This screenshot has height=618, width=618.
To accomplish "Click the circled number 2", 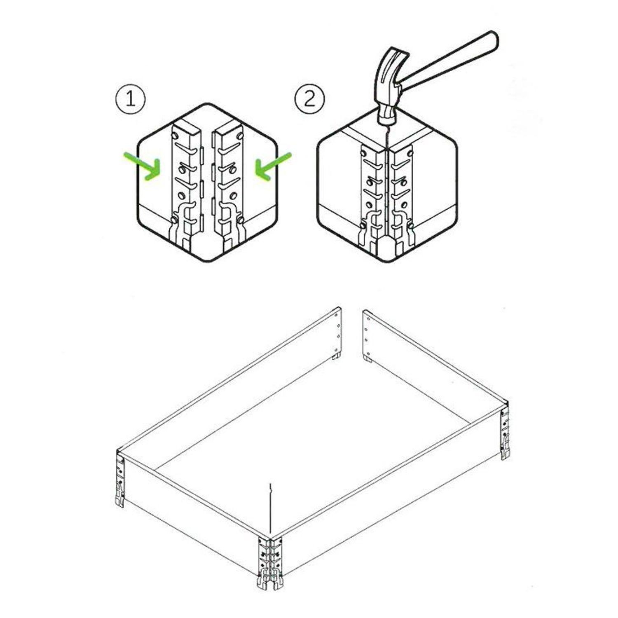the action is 310,99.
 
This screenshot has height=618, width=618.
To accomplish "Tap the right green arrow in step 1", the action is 272,167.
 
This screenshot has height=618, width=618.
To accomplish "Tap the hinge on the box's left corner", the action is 120,480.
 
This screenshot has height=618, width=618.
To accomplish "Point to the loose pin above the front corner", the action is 270,509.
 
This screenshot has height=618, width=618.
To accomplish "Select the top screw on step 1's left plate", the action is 176,136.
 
